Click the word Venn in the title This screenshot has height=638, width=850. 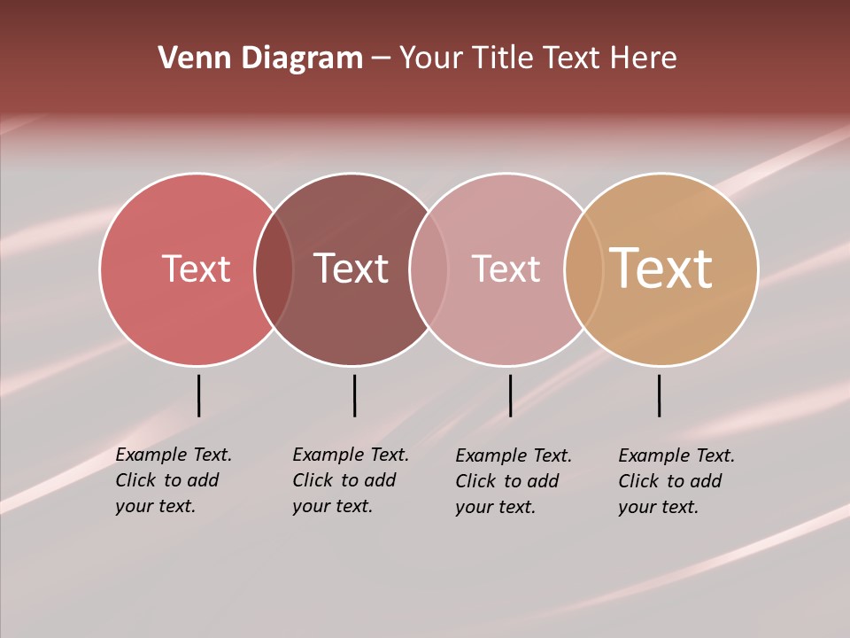tap(188, 58)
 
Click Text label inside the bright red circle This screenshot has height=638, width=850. tap(196, 268)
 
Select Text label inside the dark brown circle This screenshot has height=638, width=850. tap(352, 268)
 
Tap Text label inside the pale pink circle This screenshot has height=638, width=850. tap(506, 268)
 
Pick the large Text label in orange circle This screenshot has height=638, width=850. tap(661, 268)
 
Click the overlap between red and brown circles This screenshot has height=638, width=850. tap(274, 269)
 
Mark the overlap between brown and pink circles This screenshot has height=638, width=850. tap(429, 269)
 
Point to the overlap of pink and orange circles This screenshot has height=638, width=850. tap(584, 269)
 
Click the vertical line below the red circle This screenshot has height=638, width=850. tap(198, 395)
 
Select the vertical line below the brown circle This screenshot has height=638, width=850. tap(354, 395)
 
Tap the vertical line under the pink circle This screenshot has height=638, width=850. tap(510, 395)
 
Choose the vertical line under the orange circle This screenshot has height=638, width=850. tap(659, 395)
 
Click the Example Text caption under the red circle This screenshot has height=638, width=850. tap(173, 480)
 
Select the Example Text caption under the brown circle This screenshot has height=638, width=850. tap(350, 480)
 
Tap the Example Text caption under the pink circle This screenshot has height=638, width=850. tap(513, 481)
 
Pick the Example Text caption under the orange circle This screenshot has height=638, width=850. tap(676, 481)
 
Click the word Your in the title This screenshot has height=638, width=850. tap(431, 58)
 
